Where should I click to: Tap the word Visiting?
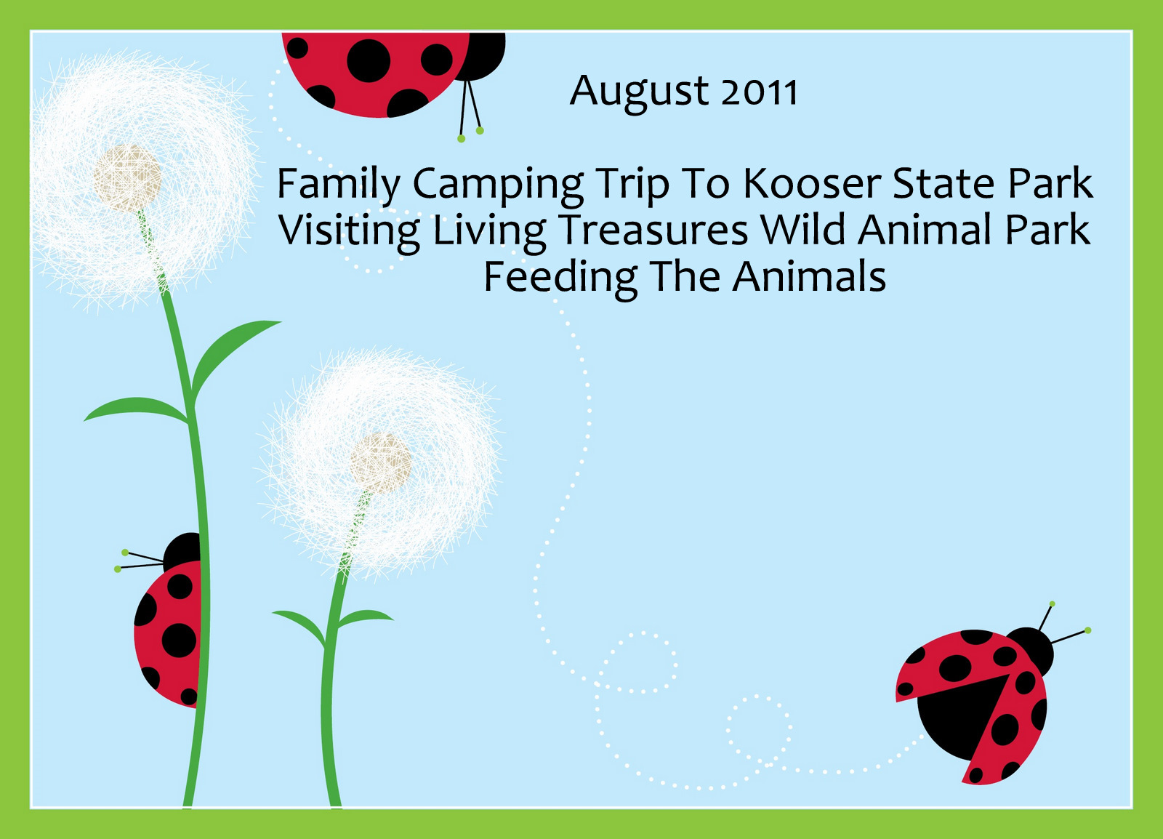point(349,233)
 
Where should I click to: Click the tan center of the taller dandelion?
point(127,178)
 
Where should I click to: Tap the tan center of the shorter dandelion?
point(380,464)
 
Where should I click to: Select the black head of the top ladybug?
point(483,55)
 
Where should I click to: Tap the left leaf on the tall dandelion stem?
point(136,410)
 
